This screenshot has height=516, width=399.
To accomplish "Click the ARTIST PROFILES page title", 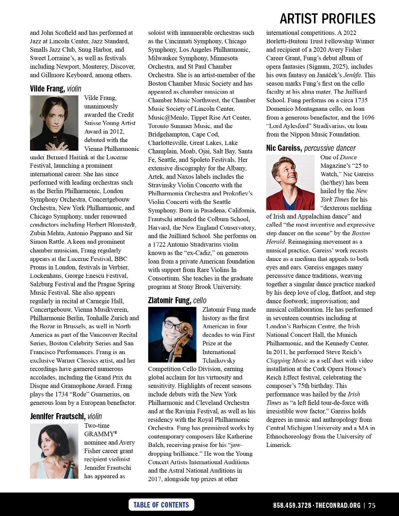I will (x=327, y=19).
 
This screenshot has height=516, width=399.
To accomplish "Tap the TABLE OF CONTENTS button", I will (x=161, y=505).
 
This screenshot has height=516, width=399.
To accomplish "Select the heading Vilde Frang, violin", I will (x=55, y=89).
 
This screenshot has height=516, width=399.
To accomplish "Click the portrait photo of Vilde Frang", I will (x=54, y=123).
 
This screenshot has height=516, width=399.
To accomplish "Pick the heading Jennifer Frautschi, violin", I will (x=66, y=416).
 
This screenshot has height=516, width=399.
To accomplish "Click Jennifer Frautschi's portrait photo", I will (x=54, y=451).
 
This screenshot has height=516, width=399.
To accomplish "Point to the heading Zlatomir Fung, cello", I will (x=177, y=300).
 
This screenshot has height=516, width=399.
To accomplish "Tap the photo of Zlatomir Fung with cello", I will (x=172, y=335).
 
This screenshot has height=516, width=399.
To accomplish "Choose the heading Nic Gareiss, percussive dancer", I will (x=311, y=148).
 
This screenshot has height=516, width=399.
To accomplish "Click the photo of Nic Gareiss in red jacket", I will (x=290, y=182).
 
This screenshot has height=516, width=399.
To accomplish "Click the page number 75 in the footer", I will (x=372, y=506).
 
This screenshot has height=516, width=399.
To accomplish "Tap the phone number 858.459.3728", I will (x=292, y=506).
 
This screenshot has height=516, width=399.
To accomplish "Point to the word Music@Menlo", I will (x=168, y=117).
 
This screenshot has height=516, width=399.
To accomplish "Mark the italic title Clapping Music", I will (x=287, y=361).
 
